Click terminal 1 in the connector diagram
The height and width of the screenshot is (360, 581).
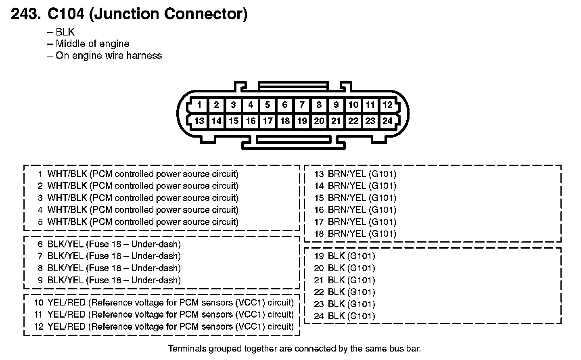(199, 105)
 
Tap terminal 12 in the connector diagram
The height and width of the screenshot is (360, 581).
(388, 105)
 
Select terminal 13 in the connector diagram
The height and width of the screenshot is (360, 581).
(199, 121)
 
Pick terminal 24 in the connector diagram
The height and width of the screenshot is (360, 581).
(387, 121)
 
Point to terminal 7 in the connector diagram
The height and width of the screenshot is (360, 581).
(302, 105)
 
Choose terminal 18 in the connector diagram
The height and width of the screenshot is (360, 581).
(285, 121)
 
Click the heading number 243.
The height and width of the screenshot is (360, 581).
(26, 14)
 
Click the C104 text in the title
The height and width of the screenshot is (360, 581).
(66, 14)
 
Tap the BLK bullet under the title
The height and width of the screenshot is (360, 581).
(65, 32)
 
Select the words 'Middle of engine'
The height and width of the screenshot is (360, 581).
(92, 44)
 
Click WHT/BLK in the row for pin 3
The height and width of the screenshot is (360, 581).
(67, 198)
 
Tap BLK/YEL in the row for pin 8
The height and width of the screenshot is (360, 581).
(65, 268)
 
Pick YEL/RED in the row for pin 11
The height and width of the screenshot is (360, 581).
(67, 315)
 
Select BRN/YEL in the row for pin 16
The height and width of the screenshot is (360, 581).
(347, 210)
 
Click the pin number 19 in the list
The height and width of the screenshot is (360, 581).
(319, 256)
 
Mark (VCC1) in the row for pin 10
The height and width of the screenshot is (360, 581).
(250, 303)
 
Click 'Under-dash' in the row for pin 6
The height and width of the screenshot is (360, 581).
(156, 244)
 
